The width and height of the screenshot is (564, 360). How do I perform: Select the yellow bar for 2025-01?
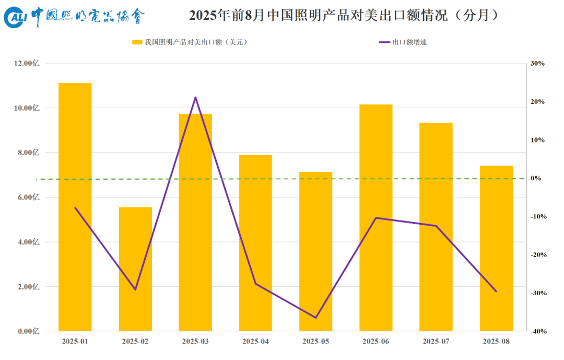(x=75, y=207)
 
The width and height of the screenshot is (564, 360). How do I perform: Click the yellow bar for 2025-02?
(x=135, y=269)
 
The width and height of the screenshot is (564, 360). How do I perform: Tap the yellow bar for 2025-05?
(x=316, y=251)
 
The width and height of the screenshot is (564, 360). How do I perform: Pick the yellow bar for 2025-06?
(x=376, y=218)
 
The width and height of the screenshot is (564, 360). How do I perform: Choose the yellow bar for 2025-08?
(x=496, y=248)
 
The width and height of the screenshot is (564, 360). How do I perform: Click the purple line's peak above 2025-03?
(x=195, y=97)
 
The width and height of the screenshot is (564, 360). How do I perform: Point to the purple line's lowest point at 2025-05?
(x=316, y=318)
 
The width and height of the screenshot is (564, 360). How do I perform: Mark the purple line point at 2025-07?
(x=436, y=226)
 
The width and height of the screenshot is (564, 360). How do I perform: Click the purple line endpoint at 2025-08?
(x=496, y=292)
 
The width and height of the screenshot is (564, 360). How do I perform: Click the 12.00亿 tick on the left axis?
(x=29, y=63)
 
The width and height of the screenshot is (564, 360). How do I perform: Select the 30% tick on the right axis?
(x=537, y=63)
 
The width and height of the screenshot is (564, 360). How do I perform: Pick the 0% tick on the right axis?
(x=538, y=178)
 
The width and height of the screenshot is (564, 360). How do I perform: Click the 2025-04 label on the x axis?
(x=255, y=341)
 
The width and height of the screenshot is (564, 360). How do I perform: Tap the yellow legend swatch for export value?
(x=137, y=42)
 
